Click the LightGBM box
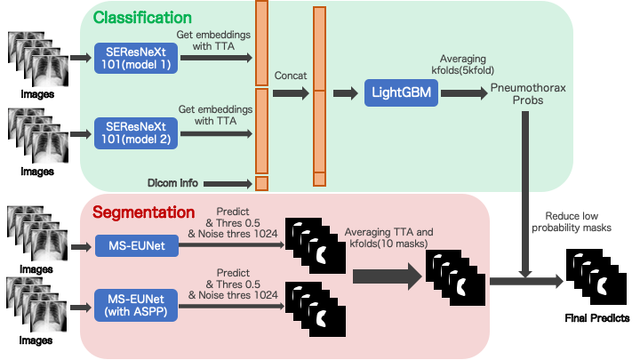[401, 92]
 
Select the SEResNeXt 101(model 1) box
[136, 58]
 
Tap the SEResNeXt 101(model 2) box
[136, 133]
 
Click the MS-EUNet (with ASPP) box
[136, 305]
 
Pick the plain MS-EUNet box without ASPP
[137, 245]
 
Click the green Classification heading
[142, 18]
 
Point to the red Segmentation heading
[143, 212]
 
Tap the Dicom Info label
[172, 183]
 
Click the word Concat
[290, 76]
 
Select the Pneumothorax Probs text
[528, 94]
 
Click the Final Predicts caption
[597, 318]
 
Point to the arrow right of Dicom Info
[228, 184]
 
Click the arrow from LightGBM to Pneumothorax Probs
[464, 93]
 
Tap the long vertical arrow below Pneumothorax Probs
[525, 195]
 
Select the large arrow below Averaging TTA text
[387, 276]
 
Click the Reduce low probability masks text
[572, 221]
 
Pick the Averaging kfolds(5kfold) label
[463, 65]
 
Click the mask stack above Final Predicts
[596, 276]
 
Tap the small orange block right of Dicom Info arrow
[261, 183]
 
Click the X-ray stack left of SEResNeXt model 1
[38, 60]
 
